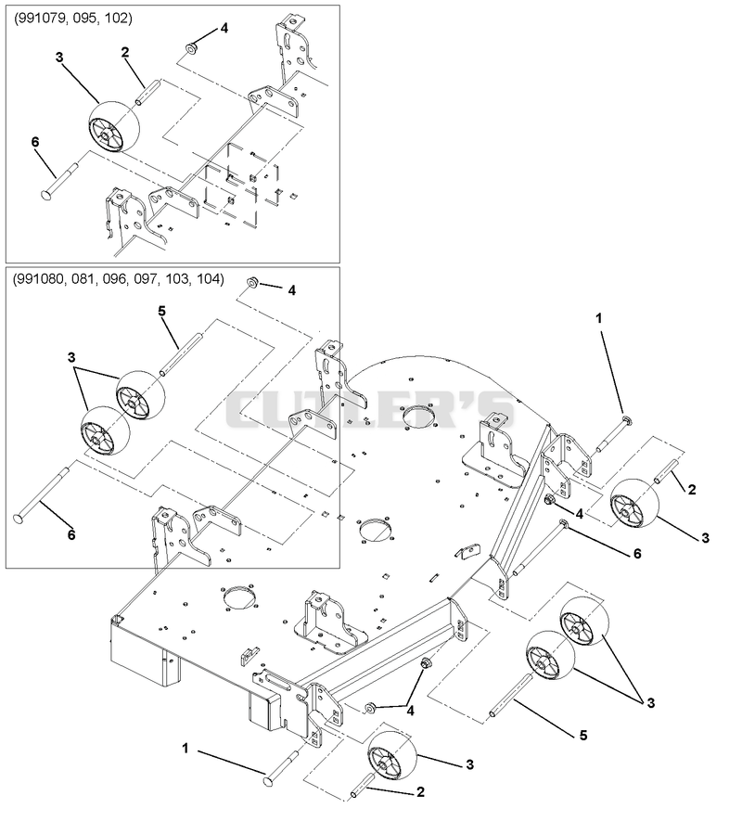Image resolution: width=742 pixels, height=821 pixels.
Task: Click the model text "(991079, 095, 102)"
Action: [x=72, y=19]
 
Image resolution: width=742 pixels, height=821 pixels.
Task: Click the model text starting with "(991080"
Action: [x=119, y=279]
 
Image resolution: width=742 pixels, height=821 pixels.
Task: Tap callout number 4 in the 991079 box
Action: [x=224, y=28]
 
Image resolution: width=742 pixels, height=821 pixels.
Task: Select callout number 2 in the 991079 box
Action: [x=124, y=52]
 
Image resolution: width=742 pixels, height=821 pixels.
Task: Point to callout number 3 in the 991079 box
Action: [x=59, y=58]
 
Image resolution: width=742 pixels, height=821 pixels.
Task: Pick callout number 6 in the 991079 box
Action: [x=35, y=142]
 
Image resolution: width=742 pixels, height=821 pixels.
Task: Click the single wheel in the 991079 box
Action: [x=114, y=127]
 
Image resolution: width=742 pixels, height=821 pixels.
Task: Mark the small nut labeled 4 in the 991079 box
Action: [x=190, y=48]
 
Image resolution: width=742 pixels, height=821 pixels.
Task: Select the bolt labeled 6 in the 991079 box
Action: [x=59, y=181]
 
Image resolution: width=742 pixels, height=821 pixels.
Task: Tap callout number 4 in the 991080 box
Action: [x=291, y=290]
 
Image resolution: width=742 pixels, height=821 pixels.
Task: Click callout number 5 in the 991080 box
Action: [x=161, y=311]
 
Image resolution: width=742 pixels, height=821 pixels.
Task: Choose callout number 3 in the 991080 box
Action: [x=71, y=357]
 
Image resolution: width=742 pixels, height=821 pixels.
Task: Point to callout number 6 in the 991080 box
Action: [x=71, y=534]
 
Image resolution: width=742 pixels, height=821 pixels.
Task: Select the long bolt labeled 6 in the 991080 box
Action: [x=40, y=494]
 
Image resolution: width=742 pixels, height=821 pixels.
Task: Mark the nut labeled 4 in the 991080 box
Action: [x=251, y=283]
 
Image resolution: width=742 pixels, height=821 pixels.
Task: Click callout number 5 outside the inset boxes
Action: [x=583, y=736]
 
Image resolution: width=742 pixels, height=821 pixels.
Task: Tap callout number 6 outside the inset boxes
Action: [x=637, y=554]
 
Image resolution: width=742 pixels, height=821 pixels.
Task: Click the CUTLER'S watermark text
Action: [x=370, y=409]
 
